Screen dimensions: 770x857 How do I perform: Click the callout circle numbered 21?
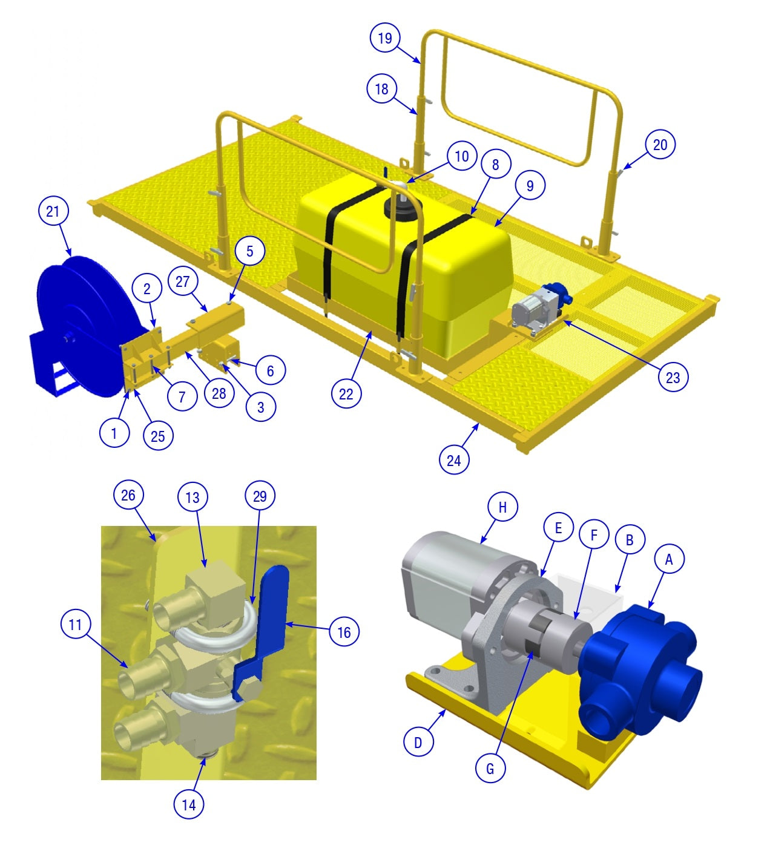[53, 211]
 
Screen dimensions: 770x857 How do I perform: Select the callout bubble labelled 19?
[384, 38]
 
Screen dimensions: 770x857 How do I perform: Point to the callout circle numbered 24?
[454, 460]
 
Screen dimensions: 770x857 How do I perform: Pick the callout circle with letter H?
[502, 507]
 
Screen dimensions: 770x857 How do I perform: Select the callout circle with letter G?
[490, 769]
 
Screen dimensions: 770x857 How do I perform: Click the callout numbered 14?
[189, 804]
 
